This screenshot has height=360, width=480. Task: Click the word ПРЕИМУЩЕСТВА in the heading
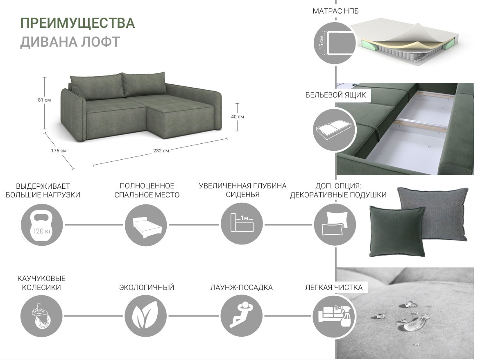[77, 23]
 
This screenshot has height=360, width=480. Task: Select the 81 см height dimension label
[44, 100]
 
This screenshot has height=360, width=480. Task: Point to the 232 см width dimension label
[161, 151]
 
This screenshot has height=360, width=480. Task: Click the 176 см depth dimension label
[59, 151]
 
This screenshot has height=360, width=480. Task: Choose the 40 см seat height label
[238, 117]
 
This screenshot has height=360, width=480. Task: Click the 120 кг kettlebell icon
[42, 225]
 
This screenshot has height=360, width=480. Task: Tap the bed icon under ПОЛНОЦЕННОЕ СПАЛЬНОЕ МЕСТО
[146, 225]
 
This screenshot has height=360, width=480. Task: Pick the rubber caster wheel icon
[42, 316]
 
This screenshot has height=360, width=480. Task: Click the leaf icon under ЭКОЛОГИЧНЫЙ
[146, 316]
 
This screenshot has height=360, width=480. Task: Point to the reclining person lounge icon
[242, 316]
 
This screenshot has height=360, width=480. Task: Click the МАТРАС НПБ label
[335, 11]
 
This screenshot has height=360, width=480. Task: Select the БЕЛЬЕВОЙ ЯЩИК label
[335, 95]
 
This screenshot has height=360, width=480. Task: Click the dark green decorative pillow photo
[397, 231]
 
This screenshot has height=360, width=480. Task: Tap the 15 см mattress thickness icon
[335, 43]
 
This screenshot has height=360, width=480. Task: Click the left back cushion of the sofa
[96, 86]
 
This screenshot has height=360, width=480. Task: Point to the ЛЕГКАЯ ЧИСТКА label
[334, 288]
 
